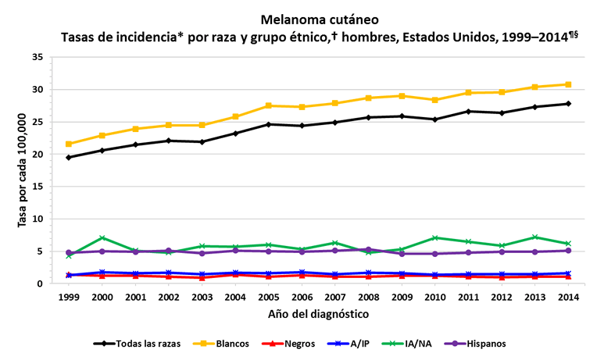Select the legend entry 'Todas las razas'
pos(137,343)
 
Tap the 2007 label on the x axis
pos(335,298)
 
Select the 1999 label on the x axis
pos(69,298)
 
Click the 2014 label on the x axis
pos(568,298)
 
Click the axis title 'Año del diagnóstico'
pos(319,314)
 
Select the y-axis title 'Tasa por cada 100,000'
pos(22,170)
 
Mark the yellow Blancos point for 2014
pos(568,84)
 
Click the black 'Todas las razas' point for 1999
pos(69,158)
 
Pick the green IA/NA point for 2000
pos(102,238)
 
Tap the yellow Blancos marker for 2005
pos(268,105)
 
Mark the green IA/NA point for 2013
pos(534,237)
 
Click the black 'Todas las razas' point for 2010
pos(434,119)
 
